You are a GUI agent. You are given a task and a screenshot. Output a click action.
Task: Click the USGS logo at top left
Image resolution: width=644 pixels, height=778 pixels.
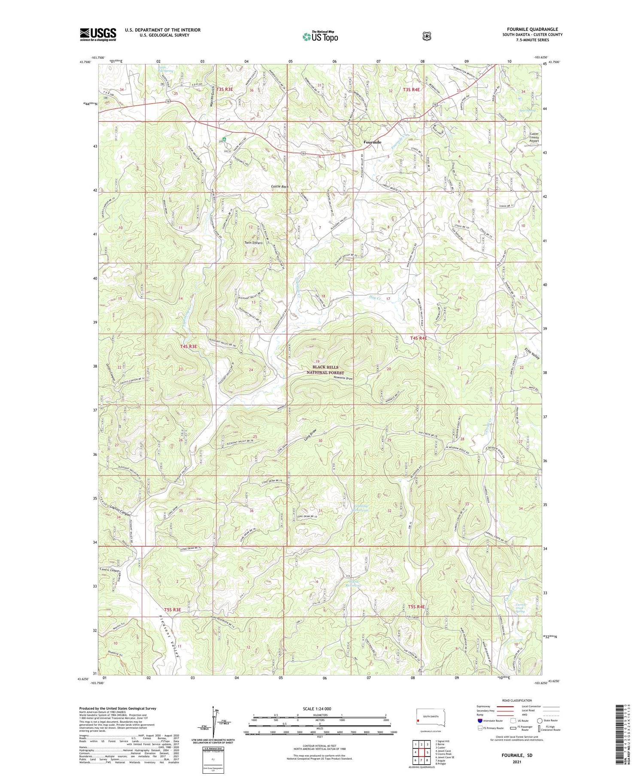click(x=98, y=34)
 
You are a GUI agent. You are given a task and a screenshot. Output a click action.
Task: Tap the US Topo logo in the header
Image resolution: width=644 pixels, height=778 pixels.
click(x=320, y=36)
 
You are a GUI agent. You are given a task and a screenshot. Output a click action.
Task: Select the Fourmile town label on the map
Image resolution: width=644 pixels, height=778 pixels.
click(x=372, y=142)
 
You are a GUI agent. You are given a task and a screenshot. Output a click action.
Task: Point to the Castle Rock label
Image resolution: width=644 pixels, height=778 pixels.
click(x=279, y=187)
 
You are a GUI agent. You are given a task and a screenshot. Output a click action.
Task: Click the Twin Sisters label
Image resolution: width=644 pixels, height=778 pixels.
click(x=253, y=242)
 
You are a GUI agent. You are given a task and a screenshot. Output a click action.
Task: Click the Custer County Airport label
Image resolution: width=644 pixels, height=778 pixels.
click(x=534, y=137)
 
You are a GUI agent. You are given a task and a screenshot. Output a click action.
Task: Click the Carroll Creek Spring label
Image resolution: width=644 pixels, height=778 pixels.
click(x=520, y=608)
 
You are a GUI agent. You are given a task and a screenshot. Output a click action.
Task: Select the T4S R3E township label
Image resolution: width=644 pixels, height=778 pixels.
click(x=188, y=346)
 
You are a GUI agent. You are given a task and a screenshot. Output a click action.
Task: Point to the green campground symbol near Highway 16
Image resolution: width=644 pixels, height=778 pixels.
click(x=224, y=139)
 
